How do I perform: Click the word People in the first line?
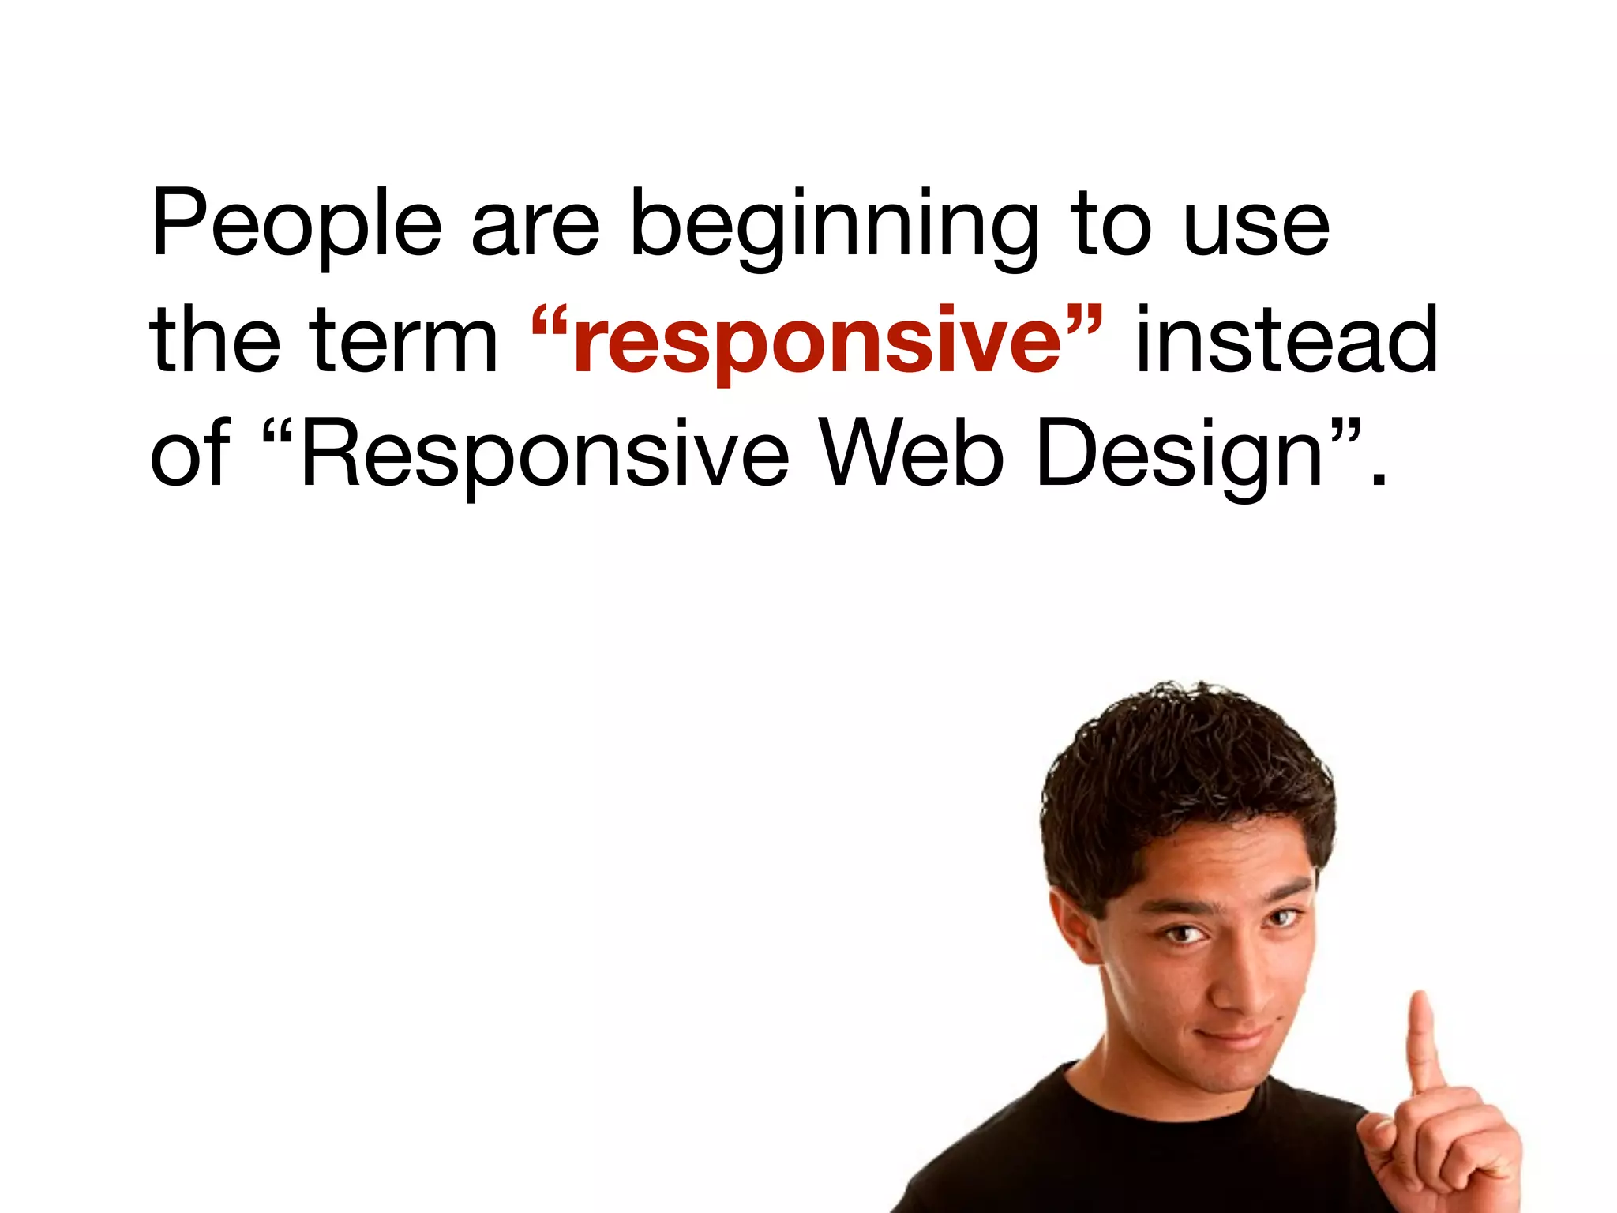click(296, 225)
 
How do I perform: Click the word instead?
click(1287, 340)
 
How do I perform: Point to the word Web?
click(912, 454)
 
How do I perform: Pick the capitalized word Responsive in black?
click(545, 456)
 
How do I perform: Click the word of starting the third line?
click(189, 454)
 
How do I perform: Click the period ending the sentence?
click(1379, 479)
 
